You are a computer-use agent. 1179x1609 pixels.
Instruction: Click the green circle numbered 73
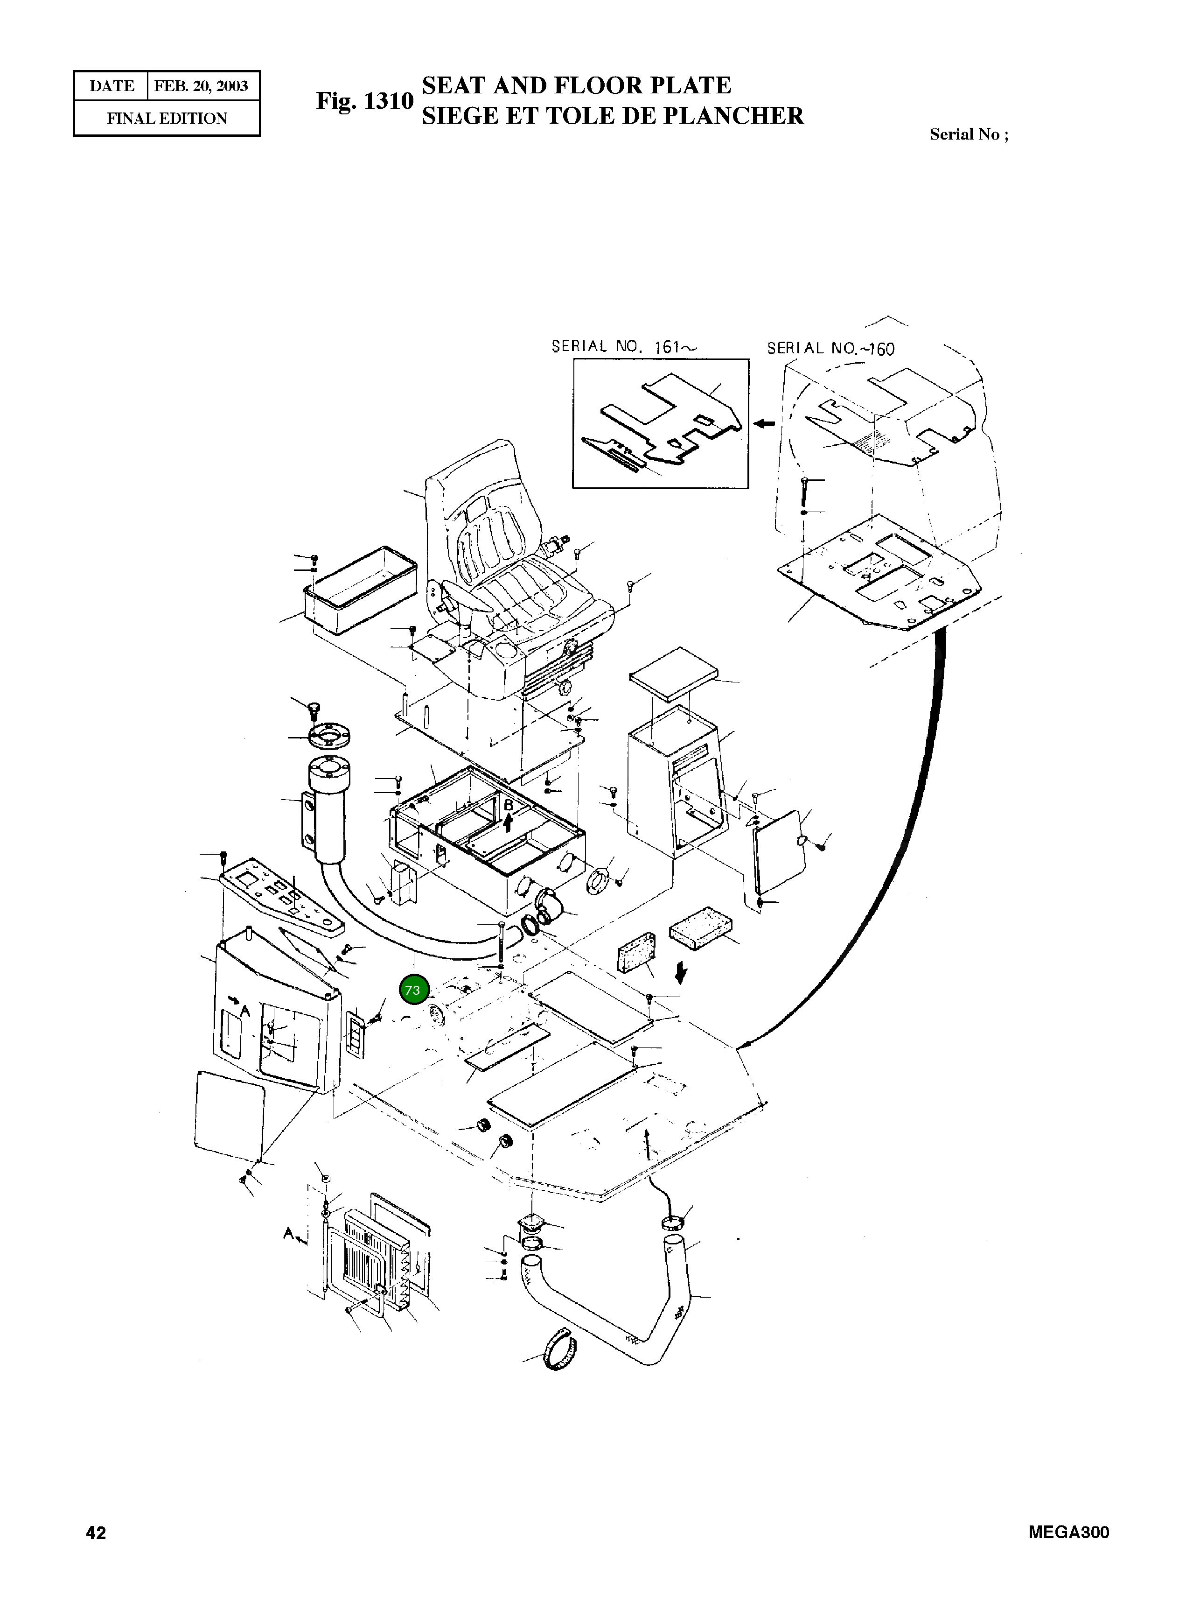[412, 990]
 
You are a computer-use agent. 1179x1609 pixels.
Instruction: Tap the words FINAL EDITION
[167, 119]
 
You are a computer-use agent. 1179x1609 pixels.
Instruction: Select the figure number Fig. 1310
[365, 101]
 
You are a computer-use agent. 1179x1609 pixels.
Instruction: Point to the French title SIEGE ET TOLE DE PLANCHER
[612, 116]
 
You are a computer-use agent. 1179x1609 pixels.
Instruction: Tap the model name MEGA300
[1068, 1532]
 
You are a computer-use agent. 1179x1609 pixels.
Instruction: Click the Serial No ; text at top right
[969, 134]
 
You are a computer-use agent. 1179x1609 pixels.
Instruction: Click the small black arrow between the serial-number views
[765, 424]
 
